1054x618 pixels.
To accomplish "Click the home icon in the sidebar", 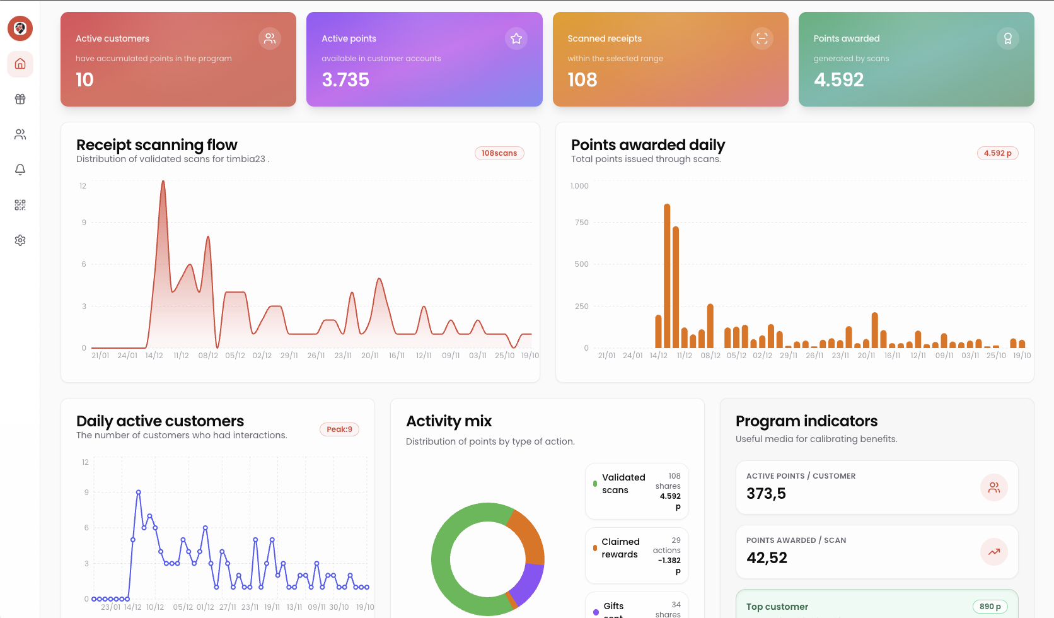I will pyautogui.click(x=20, y=64).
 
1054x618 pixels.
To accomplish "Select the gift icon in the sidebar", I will pyautogui.click(x=20, y=99).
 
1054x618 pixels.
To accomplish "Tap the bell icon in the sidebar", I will pyautogui.click(x=20, y=170).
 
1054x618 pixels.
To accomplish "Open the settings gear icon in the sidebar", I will pyautogui.click(x=20, y=240).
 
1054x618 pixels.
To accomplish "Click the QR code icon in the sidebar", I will pyautogui.click(x=20, y=205).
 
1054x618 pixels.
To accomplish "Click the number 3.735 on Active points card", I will pyautogui.click(x=345, y=80).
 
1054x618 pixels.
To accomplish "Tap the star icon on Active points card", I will pyautogui.click(x=516, y=38).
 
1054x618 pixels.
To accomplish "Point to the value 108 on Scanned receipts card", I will pyautogui.click(x=582, y=80).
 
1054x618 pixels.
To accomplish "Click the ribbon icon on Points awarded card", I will pyautogui.click(x=1008, y=38).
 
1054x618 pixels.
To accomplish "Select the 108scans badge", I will pyautogui.click(x=499, y=153).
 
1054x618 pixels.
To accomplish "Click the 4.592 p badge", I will pyautogui.click(x=997, y=153).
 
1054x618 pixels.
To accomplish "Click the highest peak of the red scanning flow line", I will pyautogui.click(x=163, y=183).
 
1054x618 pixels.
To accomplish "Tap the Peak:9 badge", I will pyautogui.click(x=339, y=429).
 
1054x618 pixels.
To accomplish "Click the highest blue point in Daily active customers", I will pyautogui.click(x=139, y=492).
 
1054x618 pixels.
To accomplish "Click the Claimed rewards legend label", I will pyautogui.click(x=620, y=548).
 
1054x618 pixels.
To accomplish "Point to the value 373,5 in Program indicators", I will pyautogui.click(x=766, y=494).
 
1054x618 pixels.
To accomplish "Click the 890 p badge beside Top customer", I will pyautogui.click(x=990, y=607).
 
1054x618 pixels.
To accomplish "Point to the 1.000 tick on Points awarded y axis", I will pyautogui.click(x=579, y=186).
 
